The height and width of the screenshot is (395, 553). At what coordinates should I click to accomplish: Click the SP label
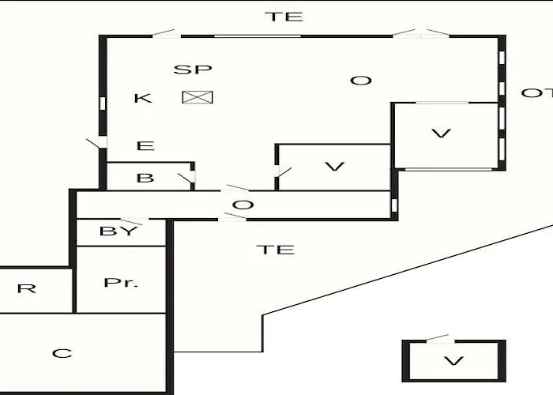193,70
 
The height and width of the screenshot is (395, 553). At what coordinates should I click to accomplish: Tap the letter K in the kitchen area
143,98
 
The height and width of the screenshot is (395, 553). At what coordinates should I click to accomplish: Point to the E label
145,145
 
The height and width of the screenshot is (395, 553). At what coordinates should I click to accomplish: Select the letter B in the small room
145,178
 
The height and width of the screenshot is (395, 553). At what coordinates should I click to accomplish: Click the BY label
118,231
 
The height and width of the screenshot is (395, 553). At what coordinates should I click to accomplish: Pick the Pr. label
121,283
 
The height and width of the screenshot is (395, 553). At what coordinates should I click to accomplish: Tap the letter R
26,288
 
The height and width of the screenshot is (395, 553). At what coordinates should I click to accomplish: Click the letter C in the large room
62,353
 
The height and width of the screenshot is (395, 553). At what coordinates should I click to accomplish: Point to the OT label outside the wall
536,93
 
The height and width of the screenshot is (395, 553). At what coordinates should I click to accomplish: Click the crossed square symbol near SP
197,97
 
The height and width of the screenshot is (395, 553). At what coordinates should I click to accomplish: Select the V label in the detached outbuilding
453,361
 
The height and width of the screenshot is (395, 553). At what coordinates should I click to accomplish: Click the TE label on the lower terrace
276,250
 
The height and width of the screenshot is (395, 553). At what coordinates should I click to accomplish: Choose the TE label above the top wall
284,17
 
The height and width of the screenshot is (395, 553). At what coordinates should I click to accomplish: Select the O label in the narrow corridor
243,205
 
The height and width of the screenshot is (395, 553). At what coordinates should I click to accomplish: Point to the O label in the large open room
361,81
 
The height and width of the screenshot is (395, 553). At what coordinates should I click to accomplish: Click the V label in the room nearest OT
441,134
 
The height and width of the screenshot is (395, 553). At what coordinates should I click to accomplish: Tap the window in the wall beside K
103,103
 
